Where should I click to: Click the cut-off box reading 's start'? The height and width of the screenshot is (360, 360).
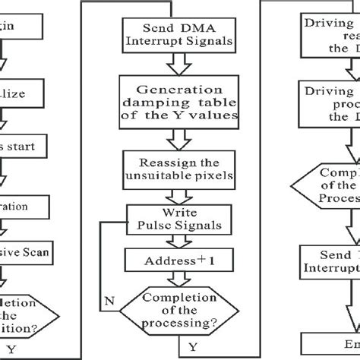tap(23, 144)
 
